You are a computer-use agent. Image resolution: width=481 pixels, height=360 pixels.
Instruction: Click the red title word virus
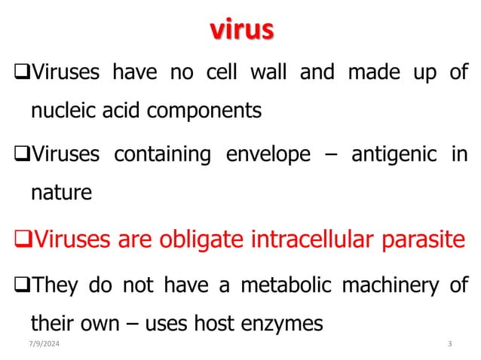(x=240, y=30)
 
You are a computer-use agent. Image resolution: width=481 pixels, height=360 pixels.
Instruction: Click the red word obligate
(x=214, y=241)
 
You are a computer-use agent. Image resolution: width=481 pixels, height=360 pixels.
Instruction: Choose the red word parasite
(x=421, y=241)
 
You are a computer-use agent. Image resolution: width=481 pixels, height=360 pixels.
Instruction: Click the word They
(x=61, y=286)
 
